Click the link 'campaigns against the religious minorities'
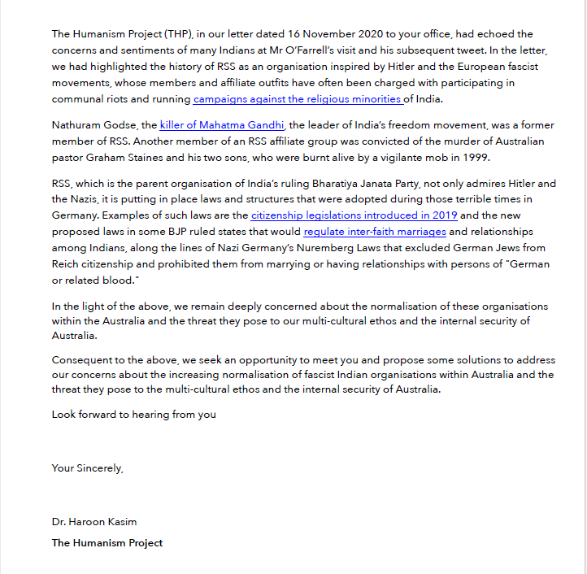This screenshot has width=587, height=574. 298,99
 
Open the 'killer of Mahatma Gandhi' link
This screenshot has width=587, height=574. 222,125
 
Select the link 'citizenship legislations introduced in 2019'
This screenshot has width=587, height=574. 354,215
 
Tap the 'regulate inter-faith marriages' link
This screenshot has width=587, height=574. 375,232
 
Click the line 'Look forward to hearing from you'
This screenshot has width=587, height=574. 134,414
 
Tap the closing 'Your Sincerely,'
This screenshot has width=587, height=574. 88,467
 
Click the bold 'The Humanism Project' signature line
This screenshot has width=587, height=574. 107,542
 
